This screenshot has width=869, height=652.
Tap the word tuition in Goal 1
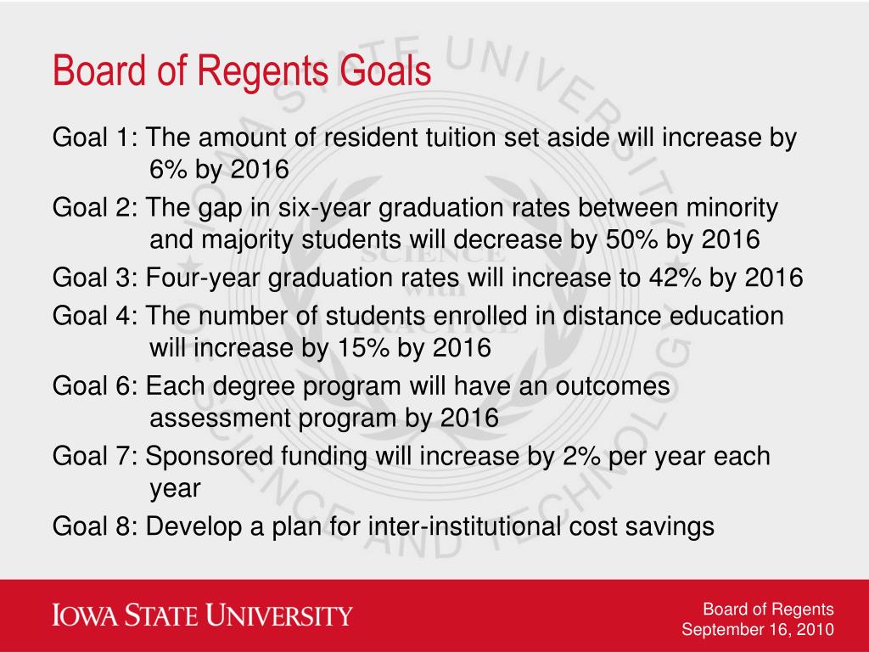coord(461,138)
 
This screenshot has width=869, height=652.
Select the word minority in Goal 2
coord(732,209)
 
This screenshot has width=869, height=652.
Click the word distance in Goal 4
coord(612,316)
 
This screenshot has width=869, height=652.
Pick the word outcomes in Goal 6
coord(613,386)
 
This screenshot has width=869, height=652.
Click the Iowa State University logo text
coord(202,615)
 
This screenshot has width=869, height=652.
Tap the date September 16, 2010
coord(758,629)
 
